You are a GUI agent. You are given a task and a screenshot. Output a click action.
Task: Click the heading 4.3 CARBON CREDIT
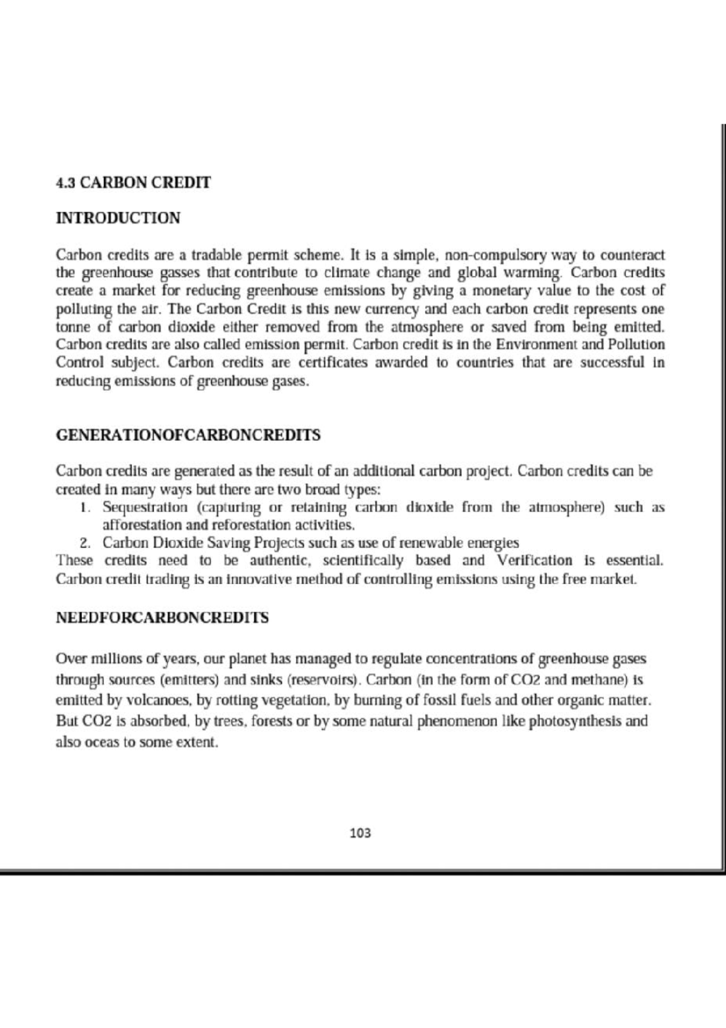[133, 182]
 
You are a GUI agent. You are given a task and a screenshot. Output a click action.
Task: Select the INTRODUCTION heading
[118, 218]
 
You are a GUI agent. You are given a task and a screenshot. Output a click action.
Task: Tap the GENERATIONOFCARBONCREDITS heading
[188, 435]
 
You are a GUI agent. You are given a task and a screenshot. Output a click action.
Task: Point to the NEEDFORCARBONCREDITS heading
[162, 618]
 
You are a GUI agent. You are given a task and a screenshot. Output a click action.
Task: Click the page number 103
[361, 833]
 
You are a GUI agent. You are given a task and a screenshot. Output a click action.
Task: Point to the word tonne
[72, 328]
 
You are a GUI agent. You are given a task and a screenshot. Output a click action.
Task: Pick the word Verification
[534, 561]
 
